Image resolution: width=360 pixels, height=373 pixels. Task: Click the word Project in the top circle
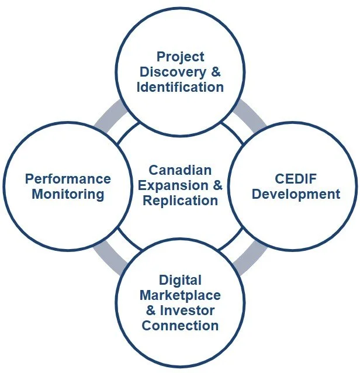click(x=181, y=57)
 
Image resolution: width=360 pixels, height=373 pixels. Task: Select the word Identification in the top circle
click(x=181, y=87)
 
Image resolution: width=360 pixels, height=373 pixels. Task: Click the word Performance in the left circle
click(x=68, y=178)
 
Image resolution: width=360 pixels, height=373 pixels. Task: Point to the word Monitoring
click(x=68, y=194)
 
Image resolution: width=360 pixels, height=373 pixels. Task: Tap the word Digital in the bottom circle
click(x=181, y=280)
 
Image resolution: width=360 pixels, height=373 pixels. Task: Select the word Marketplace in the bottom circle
click(x=181, y=295)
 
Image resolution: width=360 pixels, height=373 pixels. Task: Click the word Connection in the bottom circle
click(x=181, y=325)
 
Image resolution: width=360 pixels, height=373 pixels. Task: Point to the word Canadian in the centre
click(x=180, y=170)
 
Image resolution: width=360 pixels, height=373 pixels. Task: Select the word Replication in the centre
click(x=180, y=201)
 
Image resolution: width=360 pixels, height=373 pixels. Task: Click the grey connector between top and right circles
click(x=248, y=115)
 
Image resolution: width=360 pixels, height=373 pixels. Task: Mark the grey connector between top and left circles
click(x=112, y=115)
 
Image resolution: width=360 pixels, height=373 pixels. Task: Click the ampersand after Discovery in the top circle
click(x=217, y=72)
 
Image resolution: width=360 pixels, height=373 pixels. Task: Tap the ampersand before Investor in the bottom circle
click(x=151, y=310)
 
